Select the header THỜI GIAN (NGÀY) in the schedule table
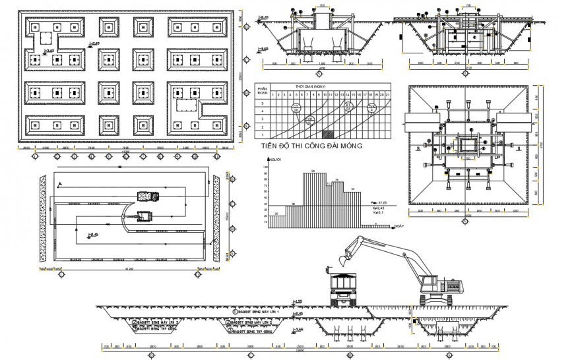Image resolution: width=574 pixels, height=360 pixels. pos(310,86)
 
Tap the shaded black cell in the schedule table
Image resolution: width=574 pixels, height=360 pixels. pos(333,135)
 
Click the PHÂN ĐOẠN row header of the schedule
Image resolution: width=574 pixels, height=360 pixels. pos(262,91)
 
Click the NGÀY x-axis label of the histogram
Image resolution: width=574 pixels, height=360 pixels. pos(399,226)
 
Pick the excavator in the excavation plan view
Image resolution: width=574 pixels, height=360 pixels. pos(143,216)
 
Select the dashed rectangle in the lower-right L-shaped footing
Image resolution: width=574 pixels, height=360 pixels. pos(187,106)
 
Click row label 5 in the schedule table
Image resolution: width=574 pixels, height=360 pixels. pos(262,104)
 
